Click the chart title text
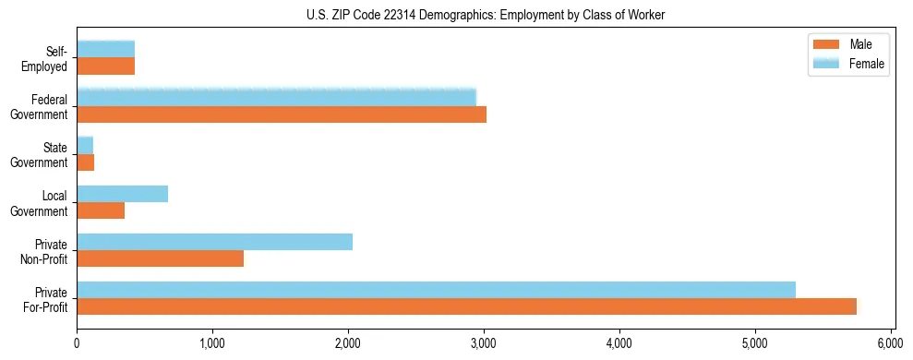484,16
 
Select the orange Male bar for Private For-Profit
466,306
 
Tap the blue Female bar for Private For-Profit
436,290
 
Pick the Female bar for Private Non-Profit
214,242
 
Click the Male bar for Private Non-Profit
160,258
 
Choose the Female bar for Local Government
122,194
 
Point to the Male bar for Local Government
101,210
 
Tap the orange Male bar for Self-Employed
105,66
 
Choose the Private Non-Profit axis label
45,251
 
